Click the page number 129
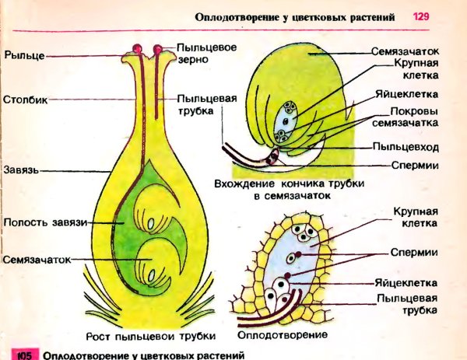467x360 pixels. (x=420, y=16)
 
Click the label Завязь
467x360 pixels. (x=19, y=168)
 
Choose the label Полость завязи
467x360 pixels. (x=43, y=222)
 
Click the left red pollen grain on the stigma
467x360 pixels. (x=138, y=50)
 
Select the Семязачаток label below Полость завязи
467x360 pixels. (x=37, y=259)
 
